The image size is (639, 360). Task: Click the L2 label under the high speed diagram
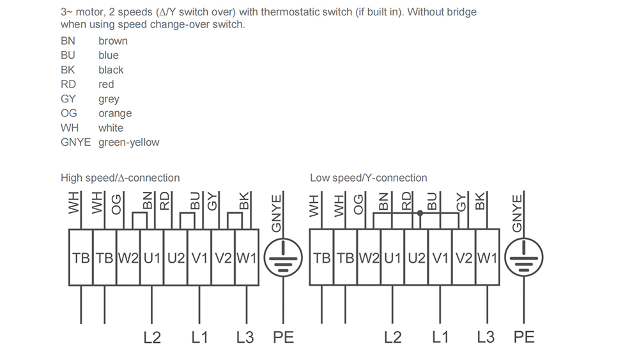[x=152, y=337]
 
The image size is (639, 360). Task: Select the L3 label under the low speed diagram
[x=486, y=337]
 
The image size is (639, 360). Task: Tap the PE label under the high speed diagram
[x=283, y=337]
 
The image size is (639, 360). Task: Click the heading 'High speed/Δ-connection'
[x=120, y=178]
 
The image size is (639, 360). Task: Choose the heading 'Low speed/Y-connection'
[x=369, y=178]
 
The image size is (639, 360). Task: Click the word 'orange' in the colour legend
[x=115, y=113]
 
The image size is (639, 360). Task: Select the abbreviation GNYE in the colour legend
[x=75, y=143]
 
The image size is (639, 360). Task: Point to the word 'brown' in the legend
[x=113, y=41]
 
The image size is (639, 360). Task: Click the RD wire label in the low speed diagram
[x=406, y=203]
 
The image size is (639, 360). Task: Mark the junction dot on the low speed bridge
[x=420, y=213]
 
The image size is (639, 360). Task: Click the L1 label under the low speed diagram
[x=440, y=337]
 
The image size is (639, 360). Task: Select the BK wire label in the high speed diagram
[x=244, y=203]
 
